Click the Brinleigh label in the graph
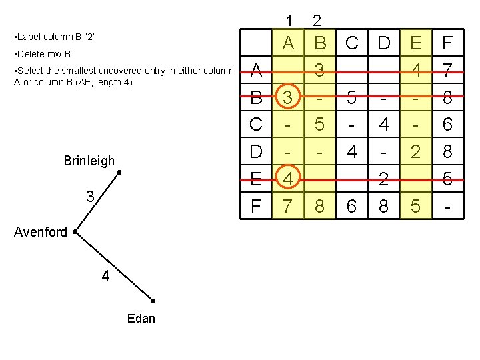point(89,161)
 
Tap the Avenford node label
point(42,232)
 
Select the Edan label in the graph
point(141,319)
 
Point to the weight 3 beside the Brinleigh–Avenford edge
point(89,197)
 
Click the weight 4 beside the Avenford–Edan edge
point(105,276)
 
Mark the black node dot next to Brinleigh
point(119,173)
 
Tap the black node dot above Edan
point(153,301)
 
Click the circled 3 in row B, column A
point(288,98)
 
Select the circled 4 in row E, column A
point(288,179)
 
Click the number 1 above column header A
point(289,21)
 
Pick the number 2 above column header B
point(318,21)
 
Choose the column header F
point(448,43)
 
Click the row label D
point(256,152)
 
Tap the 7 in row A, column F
point(448,70)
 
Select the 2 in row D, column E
point(416,152)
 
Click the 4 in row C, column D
point(384,125)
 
